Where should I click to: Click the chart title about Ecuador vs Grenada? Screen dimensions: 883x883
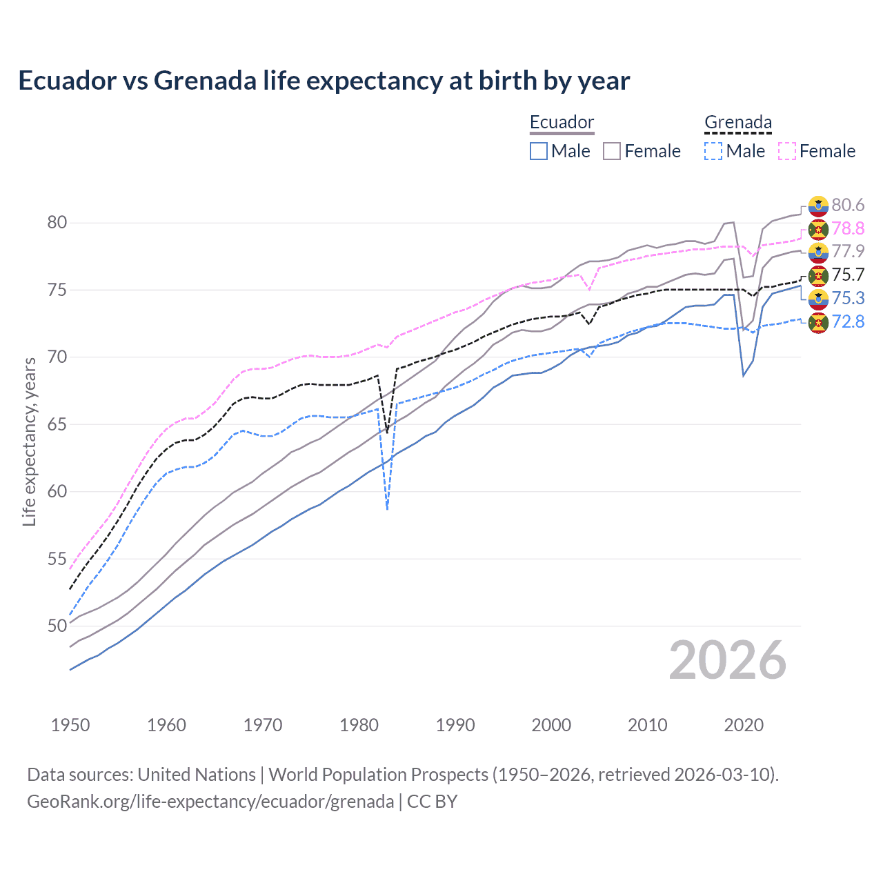click(324, 81)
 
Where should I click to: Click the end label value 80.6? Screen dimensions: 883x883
click(847, 205)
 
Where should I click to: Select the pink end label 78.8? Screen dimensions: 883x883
click(847, 228)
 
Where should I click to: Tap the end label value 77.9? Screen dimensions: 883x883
click(847, 251)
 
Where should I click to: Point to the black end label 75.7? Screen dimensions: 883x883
click(847, 275)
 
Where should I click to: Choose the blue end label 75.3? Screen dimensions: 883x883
click(847, 298)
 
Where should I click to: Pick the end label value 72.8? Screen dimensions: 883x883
click(847, 321)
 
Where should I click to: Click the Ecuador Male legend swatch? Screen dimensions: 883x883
click(539, 151)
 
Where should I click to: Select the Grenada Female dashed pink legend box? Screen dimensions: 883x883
click(787, 151)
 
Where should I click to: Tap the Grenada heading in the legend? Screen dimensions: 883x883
click(737, 123)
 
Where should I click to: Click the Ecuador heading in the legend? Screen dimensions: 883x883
click(562, 123)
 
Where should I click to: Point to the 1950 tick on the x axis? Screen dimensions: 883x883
click(70, 725)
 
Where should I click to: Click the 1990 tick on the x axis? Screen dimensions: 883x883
click(455, 725)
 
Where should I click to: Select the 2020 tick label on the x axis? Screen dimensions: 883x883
click(744, 725)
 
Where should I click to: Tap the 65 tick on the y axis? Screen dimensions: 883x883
click(57, 424)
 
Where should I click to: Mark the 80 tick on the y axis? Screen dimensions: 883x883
click(57, 222)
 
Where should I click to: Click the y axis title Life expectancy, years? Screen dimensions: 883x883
click(29, 441)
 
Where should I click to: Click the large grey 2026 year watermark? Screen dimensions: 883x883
click(727, 660)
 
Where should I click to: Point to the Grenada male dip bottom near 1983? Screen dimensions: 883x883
click(388, 508)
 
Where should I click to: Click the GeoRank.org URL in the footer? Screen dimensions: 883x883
click(210, 802)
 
